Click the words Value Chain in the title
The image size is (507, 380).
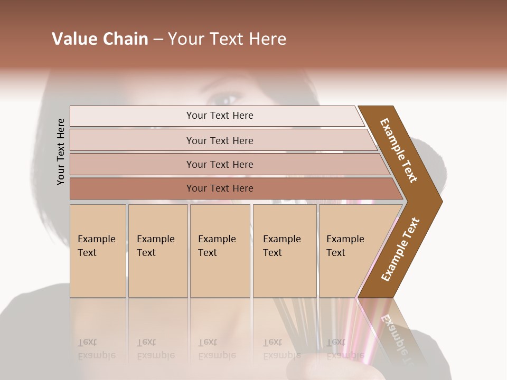pos(100,39)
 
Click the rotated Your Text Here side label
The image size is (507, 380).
pos(61,151)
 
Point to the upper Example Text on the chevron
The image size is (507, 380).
pos(399,150)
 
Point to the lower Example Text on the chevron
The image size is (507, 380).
pos(400,250)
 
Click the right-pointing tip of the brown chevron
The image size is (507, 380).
pos(439,201)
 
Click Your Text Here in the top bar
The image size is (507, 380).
pos(220,116)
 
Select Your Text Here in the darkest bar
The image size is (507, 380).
pos(220,188)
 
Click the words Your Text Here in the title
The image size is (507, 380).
pos(227,39)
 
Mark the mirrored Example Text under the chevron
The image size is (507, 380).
pos(395,338)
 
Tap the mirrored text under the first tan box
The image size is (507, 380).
pos(96,349)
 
